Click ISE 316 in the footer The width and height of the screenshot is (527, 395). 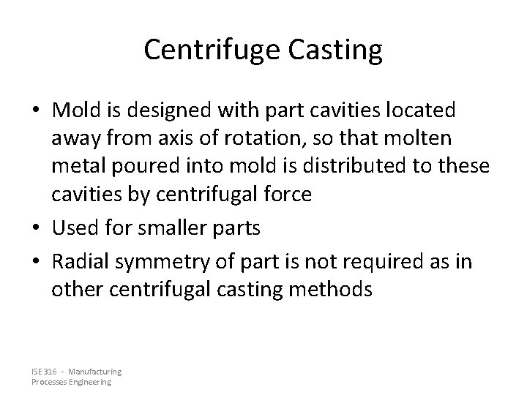click(43, 372)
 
